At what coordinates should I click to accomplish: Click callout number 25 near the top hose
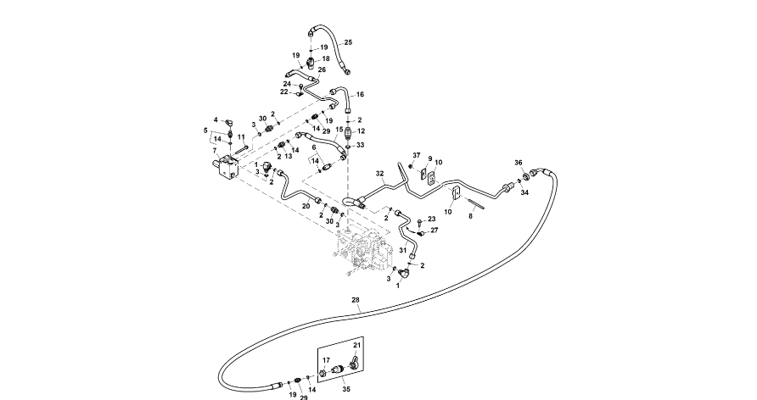348,42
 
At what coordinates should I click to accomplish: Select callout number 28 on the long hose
355,300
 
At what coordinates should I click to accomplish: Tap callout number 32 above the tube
381,173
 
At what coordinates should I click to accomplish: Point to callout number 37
417,155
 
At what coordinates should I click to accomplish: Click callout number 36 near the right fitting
519,162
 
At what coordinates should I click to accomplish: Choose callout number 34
524,192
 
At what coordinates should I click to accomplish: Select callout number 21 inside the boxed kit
357,346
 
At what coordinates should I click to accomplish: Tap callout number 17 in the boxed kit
326,361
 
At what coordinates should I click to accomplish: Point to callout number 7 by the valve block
216,151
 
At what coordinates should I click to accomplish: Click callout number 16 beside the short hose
360,94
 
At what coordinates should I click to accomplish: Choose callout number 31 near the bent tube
402,249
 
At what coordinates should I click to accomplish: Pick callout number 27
434,230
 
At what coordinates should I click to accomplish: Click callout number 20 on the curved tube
306,206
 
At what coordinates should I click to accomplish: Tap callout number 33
360,145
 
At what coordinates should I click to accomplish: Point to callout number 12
360,131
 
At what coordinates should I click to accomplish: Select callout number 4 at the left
216,119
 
